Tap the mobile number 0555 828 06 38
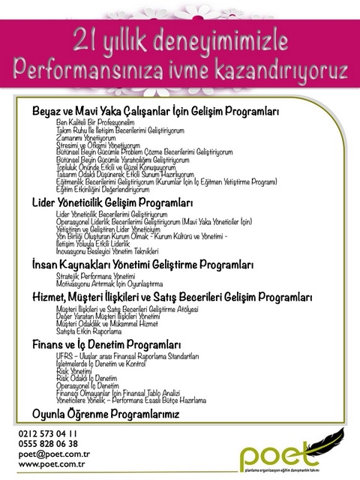click(46, 443)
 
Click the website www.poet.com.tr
click(51, 464)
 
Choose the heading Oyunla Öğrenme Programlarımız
click(105, 414)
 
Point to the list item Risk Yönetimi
click(73, 370)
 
